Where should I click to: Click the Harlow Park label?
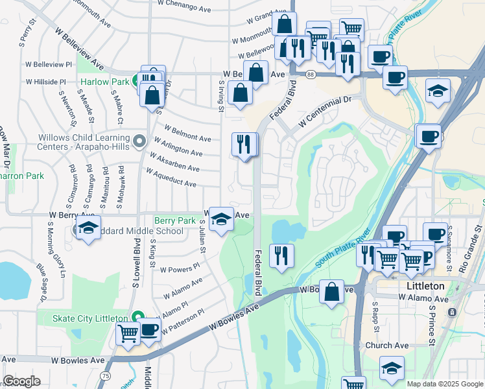(106, 82)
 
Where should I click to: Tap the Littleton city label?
(425, 286)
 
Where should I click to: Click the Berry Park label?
(175, 220)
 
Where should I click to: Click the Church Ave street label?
(386, 346)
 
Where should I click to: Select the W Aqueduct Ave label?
(171, 178)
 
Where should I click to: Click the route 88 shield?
(311, 75)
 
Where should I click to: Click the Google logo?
(21, 381)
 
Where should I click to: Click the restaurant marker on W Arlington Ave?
(244, 144)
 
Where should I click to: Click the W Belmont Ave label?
(188, 133)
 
